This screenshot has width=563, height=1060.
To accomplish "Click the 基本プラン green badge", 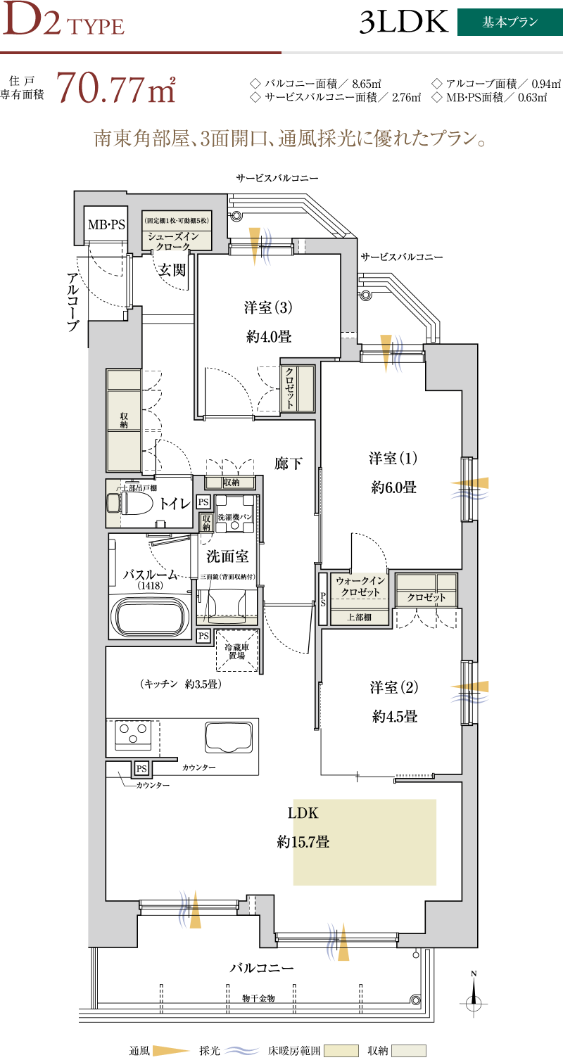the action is click(x=510, y=23).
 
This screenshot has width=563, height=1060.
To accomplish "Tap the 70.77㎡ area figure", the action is click(x=116, y=88).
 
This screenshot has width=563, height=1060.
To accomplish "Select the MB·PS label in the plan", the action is click(x=106, y=225).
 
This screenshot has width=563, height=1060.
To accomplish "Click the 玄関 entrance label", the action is click(x=172, y=269).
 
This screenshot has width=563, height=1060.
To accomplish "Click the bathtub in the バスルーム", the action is click(x=150, y=617).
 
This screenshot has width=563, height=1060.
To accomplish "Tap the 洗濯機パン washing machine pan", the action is click(x=235, y=514).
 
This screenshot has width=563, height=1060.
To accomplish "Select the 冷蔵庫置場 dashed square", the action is click(x=237, y=650).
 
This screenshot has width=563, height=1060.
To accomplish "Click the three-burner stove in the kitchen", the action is click(x=133, y=734).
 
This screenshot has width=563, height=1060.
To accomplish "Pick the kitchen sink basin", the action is click(x=228, y=737).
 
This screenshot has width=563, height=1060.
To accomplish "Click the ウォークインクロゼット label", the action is click(x=360, y=586).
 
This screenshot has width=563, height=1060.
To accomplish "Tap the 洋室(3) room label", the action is click(x=268, y=307).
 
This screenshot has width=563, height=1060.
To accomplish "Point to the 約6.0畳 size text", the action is click(x=393, y=487).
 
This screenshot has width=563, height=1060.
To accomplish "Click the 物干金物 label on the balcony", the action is click(x=258, y=998).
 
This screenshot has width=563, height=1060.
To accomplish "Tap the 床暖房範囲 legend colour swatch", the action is click(x=341, y=1051).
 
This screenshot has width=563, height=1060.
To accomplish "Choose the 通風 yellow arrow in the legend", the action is click(x=170, y=1051).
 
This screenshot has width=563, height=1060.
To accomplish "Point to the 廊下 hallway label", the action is click(x=288, y=464).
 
